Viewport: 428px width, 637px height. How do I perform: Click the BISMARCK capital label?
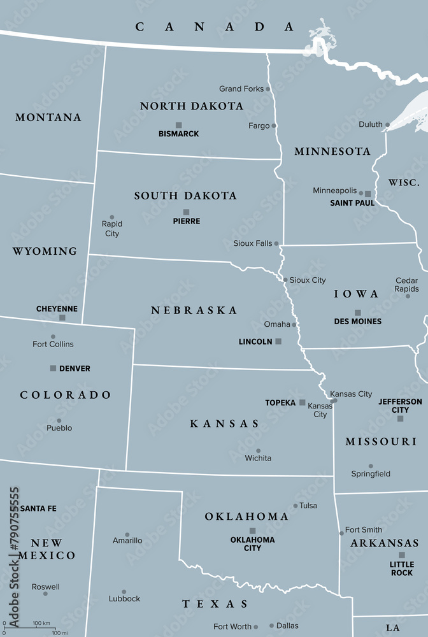coord(178,134)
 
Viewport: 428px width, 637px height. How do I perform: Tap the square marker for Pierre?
coord(186,212)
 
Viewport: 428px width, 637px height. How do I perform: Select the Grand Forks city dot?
coord(268,89)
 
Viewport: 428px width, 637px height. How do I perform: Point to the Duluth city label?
coord(370,124)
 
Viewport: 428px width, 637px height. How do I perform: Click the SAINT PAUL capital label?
coord(352,203)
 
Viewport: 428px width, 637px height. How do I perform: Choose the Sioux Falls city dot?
coord(276,243)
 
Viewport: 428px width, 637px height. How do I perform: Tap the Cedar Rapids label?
coord(406,285)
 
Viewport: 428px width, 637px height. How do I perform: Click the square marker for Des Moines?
coord(357,313)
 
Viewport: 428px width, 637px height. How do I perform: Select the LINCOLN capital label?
coord(255,342)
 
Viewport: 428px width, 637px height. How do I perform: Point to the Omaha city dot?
coord(294,324)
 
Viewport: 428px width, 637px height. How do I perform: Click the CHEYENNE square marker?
coord(62,317)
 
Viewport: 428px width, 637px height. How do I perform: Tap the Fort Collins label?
coord(53,344)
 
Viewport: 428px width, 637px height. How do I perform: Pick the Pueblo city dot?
coord(59,420)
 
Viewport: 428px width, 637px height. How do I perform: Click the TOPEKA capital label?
coord(280,403)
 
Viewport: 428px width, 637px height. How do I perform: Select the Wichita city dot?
coord(258,450)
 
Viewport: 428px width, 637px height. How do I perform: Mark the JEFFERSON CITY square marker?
coord(400,419)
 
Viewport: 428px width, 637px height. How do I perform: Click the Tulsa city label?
coord(308,506)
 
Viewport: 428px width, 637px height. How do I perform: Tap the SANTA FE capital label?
coord(38,508)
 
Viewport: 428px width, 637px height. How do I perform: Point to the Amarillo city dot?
coord(127,534)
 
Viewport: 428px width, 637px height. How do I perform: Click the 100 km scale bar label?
coord(41,622)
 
